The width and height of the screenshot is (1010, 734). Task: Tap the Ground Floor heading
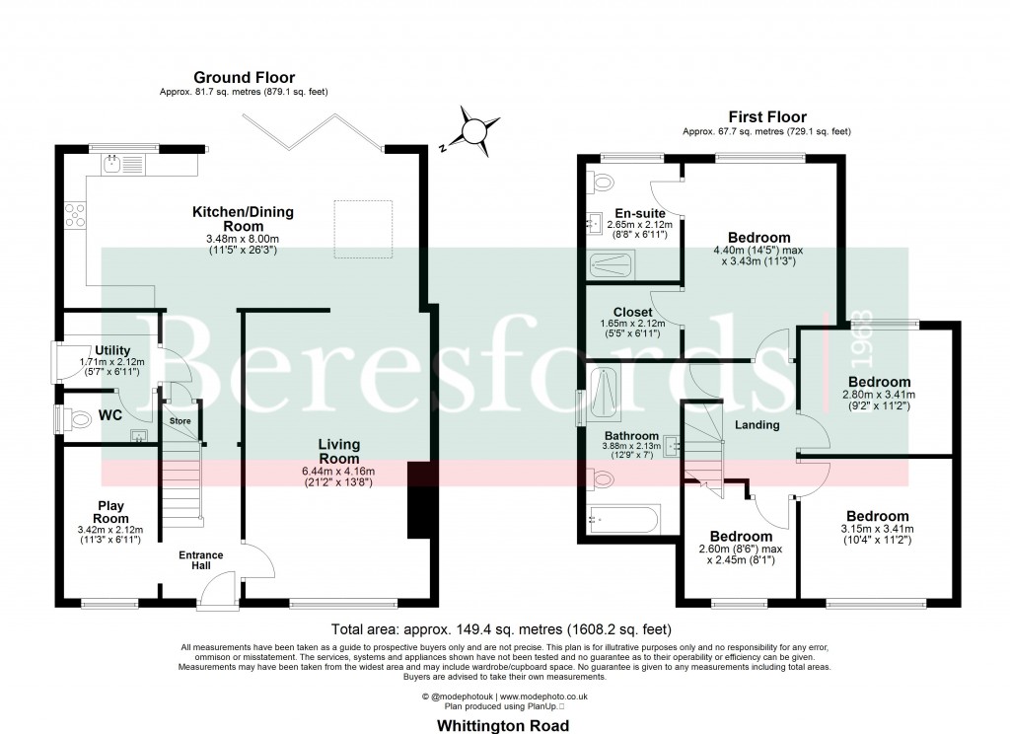pyautogui.click(x=244, y=78)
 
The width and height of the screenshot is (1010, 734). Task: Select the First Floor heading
pyautogui.click(x=766, y=116)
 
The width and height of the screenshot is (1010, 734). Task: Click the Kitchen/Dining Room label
pyautogui.click(x=243, y=218)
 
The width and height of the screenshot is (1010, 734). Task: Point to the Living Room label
pyautogui.click(x=338, y=451)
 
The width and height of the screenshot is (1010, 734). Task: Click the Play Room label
pyautogui.click(x=110, y=512)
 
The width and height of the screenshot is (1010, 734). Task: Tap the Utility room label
pyautogui.click(x=112, y=350)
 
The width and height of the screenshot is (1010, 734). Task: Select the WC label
pyautogui.click(x=109, y=416)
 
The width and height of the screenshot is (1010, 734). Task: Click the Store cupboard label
pyautogui.click(x=180, y=420)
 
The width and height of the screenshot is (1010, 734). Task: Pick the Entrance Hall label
pyautogui.click(x=200, y=561)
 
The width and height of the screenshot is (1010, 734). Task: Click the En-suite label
pyautogui.click(x=640, y=213)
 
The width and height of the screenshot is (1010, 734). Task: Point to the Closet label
pyautogui.click(x=632, y=312)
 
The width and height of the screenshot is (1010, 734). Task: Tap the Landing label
pyautogui.click(x=757, y=425)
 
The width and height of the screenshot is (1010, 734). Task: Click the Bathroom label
pyautogui.click(x=631, y=435)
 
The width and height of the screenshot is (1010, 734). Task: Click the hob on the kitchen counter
pyautogui.click(x=75, y=214)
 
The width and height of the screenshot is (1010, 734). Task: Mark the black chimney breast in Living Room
pyautogui.click(x=418, y=500)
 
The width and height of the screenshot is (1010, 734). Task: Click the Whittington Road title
pyautogui.click(x=504, y=724)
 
